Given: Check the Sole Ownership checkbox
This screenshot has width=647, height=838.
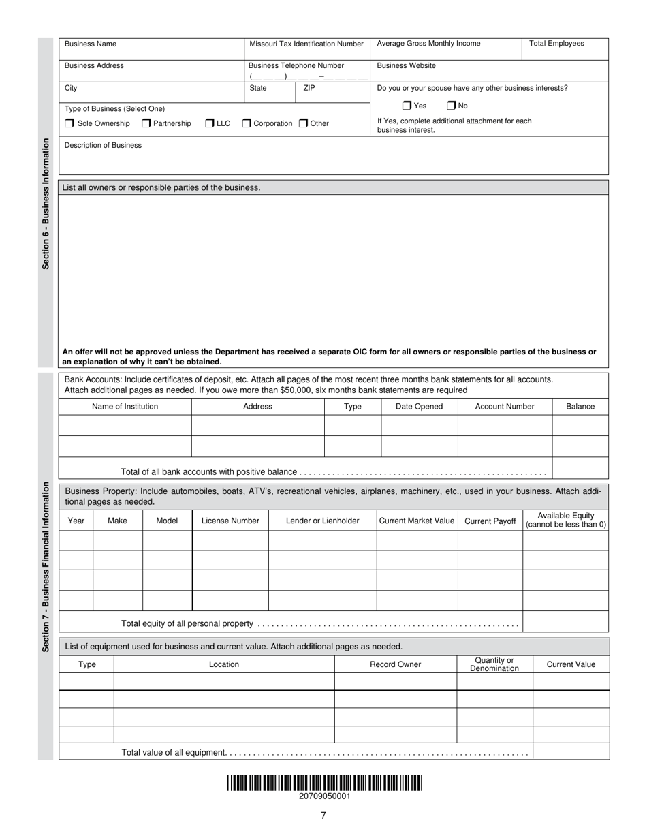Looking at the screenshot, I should coord(69,123).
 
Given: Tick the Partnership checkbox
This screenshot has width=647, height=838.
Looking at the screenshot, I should coord(146,123).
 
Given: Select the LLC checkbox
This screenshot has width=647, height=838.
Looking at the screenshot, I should coord(210,123).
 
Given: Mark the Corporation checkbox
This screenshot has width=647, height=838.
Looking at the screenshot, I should coord(247,123).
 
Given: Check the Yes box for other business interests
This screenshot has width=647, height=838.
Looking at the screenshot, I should coord(407,106).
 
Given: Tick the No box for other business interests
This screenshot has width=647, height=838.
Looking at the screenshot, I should coord(451,106).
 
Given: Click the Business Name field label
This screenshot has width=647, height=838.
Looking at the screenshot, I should coord(91,44).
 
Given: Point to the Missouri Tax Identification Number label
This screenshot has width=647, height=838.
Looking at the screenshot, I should coord(306,44).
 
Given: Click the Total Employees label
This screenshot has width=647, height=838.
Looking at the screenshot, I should coord(556,44).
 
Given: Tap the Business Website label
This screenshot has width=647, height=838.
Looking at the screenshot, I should coord(406,66).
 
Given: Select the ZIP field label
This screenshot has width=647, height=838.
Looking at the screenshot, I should coord(309,88).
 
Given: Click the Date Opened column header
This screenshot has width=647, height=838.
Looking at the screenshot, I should coord(419,407).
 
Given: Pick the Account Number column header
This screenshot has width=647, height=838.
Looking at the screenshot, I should coord(504,407).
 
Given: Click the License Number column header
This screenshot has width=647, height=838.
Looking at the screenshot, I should coord(230,521).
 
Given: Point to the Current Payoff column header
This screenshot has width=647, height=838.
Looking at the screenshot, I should coord(490,521).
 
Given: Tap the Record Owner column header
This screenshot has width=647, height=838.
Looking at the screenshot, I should coord(395,664).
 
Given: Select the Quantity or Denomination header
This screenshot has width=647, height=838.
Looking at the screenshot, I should coord(494,664).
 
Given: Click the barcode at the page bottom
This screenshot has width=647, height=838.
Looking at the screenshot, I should coord(324,783).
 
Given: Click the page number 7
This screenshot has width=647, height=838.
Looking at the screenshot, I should coord(323,816).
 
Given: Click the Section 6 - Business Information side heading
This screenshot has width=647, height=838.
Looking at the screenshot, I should coord(46,204).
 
